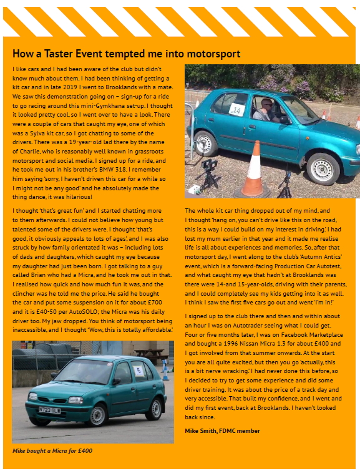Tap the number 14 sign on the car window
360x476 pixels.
tap(236, 110)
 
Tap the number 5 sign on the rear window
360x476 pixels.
tap(138, 371)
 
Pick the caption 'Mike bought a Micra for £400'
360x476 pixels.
tap(52, 450)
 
